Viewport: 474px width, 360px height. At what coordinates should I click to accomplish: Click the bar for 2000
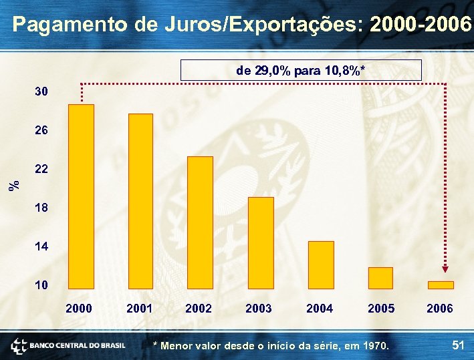pyautogui.click(x=81, y=196)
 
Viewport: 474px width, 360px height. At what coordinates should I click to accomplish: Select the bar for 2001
pyautogui.click(x=140, y=201)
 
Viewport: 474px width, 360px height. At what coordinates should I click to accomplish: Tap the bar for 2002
pyautogui.click(x=200, y=222)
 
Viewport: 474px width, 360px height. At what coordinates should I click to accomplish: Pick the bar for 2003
pyautogui.click(x=261, y=242)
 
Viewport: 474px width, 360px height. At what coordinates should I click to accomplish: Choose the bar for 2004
pyautogui.click(x=321, y=264)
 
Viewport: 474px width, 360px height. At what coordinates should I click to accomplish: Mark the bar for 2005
pyautogui.click(x=380, y=278)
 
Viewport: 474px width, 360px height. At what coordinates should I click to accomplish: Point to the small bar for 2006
pyautogui.click(x=441, y=285)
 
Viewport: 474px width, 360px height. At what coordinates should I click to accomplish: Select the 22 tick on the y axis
pyautogui.click(x=41, y=170)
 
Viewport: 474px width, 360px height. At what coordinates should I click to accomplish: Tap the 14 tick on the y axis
pyautogui.click(x=41, y=246)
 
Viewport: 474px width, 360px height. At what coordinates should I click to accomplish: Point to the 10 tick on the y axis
pyautogui.click(x=41, y=285)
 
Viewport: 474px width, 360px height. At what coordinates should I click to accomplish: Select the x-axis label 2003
pyautogui.click(x=259, y=309)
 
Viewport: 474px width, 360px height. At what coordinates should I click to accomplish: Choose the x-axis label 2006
pyautogui.click(x=439, y=309)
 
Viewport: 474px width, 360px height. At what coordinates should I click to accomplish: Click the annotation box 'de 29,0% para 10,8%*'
pyautogui.click(x=301, y=70)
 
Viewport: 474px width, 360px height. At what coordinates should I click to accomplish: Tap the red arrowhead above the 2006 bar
pyautogui.click(x=447, y=274)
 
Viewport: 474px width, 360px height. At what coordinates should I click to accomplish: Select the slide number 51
pyautogui.click(x=458, y=345)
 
